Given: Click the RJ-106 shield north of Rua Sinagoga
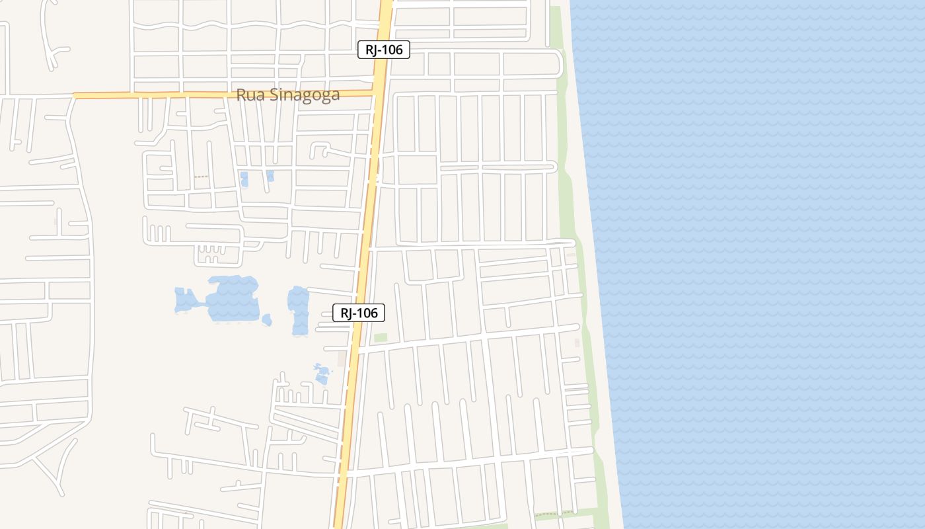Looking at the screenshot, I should point(384,49).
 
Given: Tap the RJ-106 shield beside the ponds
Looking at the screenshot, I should point(358,313).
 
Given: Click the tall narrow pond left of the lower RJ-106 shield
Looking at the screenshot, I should point(299,309).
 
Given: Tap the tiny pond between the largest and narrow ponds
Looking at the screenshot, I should point(267,320).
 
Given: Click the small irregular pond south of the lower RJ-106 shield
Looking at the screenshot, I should point(322,374).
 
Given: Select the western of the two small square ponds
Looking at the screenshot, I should point(244,179).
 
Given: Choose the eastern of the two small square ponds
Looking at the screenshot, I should point(270,176).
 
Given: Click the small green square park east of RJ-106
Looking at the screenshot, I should point(380,338).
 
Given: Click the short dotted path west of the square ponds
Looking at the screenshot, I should point(200,177).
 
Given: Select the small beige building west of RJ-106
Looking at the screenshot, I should point(342,358).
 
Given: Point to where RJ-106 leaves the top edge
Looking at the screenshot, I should point(387,3).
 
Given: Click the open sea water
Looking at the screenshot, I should point(760,264).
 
